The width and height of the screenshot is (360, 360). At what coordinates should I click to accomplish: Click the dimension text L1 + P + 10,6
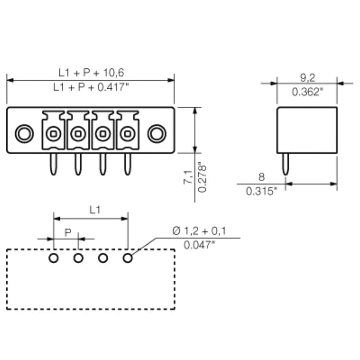91,72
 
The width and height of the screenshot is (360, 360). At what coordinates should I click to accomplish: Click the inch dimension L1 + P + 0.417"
91,88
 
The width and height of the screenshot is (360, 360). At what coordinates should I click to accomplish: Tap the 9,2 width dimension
307,76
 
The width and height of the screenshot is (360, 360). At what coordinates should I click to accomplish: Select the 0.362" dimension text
307,92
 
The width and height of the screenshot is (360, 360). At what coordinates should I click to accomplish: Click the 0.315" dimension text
261,191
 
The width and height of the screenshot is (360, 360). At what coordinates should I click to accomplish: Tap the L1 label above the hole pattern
94,210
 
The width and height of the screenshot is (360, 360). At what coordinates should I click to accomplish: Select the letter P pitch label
68,232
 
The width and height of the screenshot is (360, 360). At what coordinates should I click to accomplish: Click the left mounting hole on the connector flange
23,133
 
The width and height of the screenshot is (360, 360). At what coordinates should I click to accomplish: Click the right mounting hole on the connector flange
156,133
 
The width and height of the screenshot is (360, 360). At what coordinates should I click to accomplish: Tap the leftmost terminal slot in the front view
54,133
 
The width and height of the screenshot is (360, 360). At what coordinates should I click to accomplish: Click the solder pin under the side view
285,164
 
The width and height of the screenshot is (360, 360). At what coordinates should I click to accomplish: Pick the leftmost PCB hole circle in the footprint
54,258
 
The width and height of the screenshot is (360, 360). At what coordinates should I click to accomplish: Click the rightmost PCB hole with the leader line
128,258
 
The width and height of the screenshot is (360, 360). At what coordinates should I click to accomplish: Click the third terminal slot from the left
103,133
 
